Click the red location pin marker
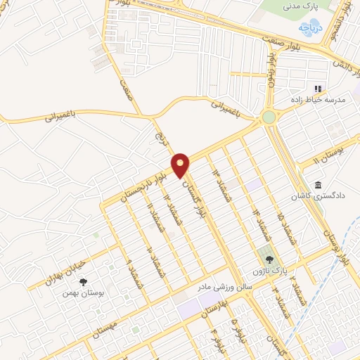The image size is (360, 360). (x=181, y=165)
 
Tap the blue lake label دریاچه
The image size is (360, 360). (x=305, y=27)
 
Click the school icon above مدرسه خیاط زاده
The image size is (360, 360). (x=318, y=89)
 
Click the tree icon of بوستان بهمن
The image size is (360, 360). (x=84, y=282)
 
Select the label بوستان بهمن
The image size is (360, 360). (x=82, y=293)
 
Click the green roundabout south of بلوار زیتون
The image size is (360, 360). (x=269, y=117)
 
